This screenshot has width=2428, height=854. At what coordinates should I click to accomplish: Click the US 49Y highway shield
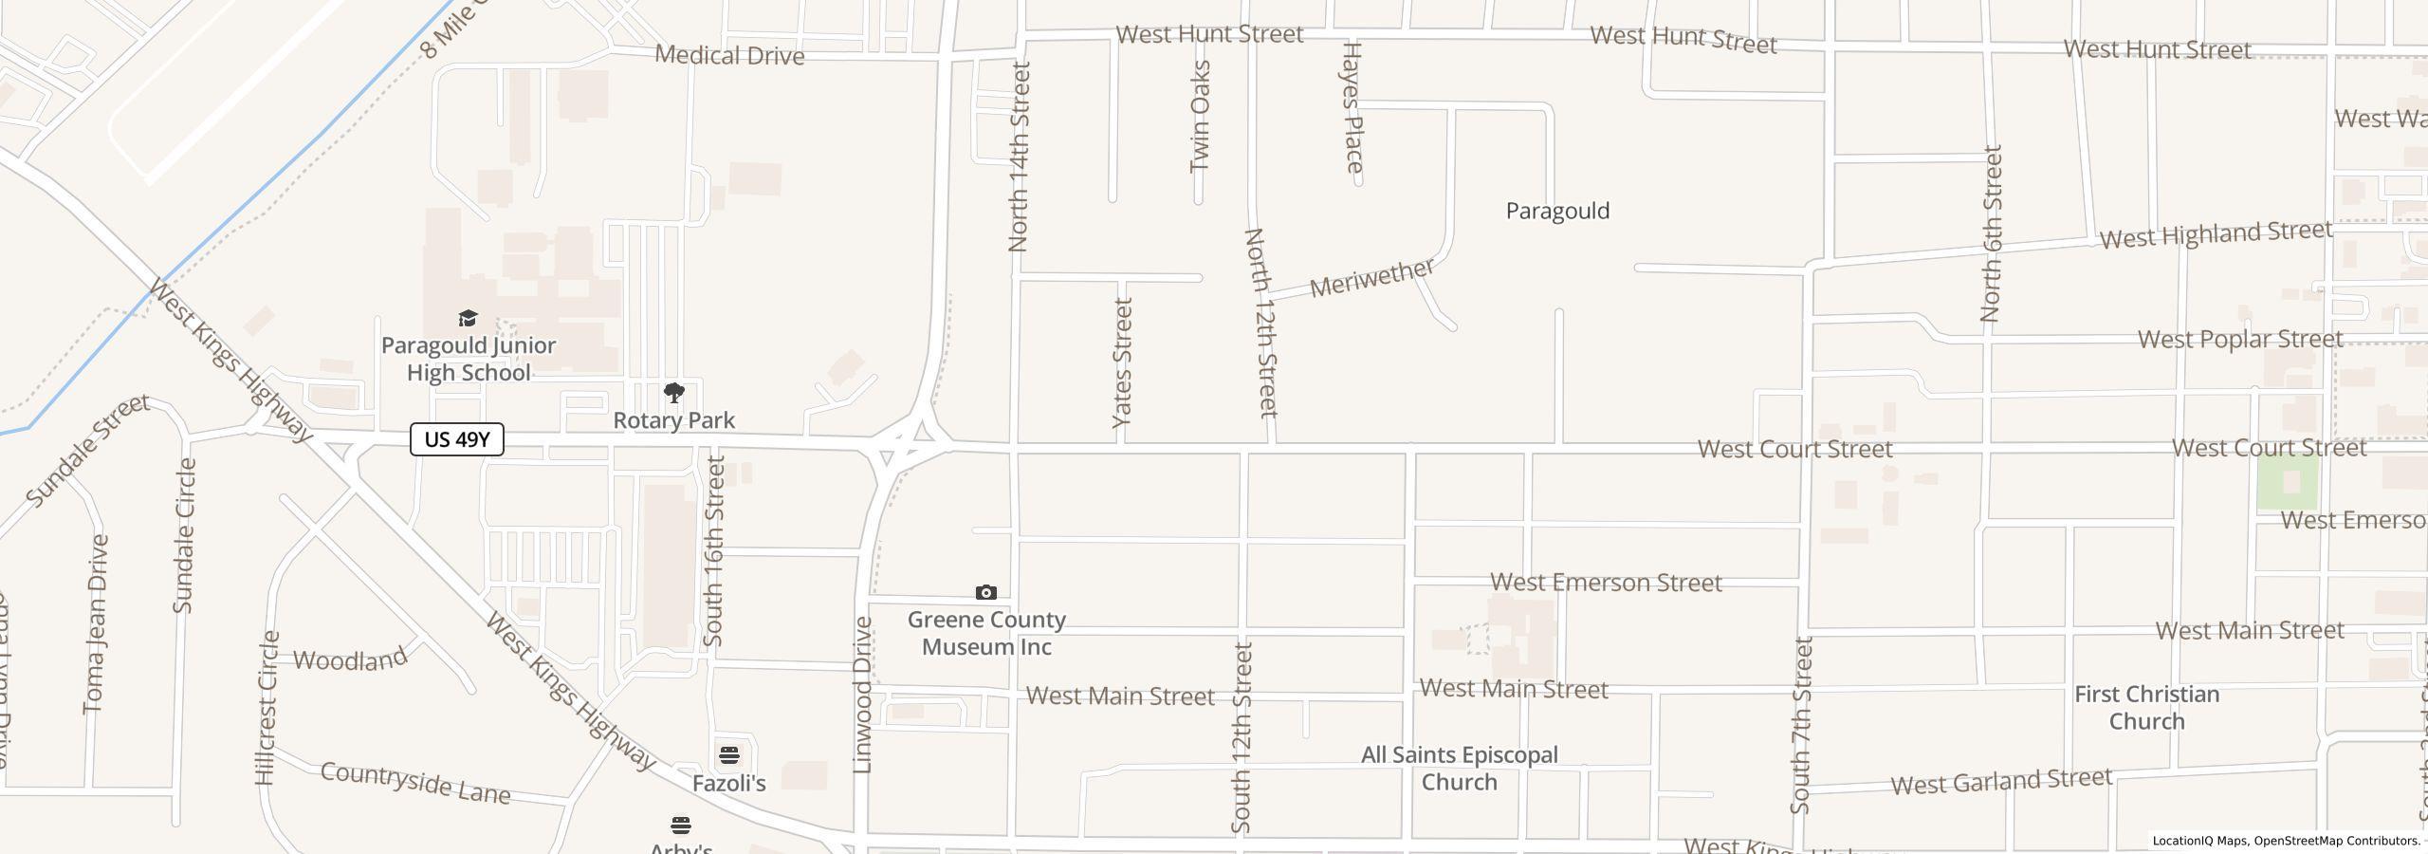pos(456,439)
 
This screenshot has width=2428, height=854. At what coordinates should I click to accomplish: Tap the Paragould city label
pos(1557,211)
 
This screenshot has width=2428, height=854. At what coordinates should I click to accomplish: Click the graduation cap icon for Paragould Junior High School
pos(468,318)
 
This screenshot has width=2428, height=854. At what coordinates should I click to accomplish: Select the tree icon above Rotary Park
pos(673,393)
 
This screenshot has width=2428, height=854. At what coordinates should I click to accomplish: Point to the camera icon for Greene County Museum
pos(986,593)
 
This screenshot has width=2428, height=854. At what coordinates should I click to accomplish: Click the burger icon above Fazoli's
pos(728,755)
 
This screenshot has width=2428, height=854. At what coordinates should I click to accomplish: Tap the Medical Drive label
pos(729,55)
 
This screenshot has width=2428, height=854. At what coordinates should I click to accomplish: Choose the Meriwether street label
pos(1371,278)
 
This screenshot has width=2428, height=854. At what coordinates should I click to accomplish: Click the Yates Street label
pos(1122,362)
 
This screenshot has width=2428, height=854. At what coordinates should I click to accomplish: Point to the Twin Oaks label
pos(1200,116)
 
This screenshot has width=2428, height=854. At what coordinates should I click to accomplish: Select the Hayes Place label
pos(1352,107)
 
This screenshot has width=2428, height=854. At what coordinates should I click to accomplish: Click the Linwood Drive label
pos(862,695)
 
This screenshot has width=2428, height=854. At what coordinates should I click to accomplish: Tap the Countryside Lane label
pos(415,783)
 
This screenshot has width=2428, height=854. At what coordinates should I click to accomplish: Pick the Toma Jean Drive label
pos(96,624)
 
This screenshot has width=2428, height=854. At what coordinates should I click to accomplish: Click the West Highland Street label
pos(2215,234)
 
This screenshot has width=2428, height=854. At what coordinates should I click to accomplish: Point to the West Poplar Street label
pos(2239,340)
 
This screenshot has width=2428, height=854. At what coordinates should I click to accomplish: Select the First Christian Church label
pos(2146,708)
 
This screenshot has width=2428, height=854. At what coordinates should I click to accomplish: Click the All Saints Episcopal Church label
pos(1459,769)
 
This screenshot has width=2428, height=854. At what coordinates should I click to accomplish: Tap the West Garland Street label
pos(2001,782)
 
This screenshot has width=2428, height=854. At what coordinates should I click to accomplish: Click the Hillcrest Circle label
pos(267,708)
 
